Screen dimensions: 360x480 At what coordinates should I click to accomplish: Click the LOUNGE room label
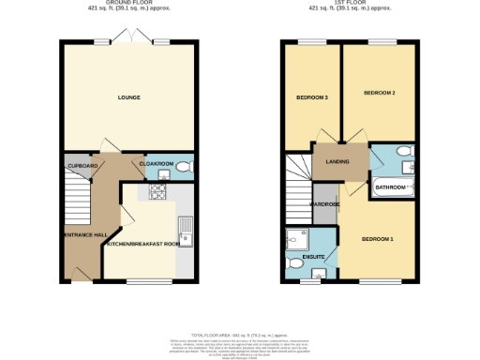coord(128,97)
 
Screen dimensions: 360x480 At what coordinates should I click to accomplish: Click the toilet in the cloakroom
coord(184,168)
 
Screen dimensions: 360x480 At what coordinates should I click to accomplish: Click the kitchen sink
coord(187,228)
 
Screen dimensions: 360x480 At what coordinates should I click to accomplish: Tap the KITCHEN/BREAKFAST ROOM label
coord(142,244)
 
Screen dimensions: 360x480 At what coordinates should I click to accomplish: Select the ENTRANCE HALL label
coord(82,233)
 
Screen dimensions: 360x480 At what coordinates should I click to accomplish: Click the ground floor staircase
coord(77,202)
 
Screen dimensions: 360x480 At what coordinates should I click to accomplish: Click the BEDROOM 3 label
coord(312,97)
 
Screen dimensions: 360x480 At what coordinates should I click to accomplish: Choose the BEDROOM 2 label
coord(380,93)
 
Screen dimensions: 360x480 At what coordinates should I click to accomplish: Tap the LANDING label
coord(337,161)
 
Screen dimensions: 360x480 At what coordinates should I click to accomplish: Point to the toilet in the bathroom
coord(403,153)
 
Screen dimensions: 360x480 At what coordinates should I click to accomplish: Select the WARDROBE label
coord(324,203)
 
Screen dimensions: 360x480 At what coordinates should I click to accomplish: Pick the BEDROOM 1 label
coord(378,239)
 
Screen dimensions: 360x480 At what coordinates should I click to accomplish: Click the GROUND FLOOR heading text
coord(128,4)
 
